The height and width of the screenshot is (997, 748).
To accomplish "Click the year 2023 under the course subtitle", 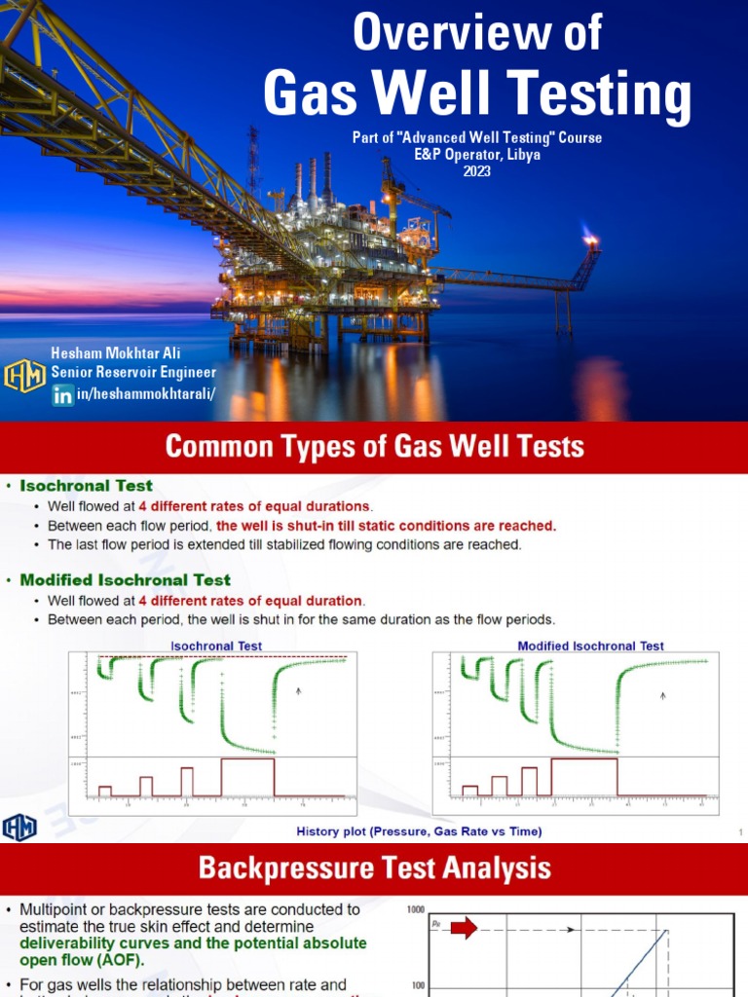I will click(x=477, y=171).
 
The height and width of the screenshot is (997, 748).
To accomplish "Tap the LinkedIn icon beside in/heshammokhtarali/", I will click(x=63, y=394).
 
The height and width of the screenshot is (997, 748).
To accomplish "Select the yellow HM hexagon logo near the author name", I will click(x=24, y=376).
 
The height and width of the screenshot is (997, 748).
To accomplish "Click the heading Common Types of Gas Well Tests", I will click(x=374, y=447).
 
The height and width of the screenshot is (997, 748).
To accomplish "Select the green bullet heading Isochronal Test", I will click(x=87, y=485).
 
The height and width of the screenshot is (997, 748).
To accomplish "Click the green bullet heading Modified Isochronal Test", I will click(x=126, y=579).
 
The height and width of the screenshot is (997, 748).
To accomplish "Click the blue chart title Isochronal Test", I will click(x=216, y=646).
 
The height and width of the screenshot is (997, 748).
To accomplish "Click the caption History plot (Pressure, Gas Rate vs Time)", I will click(x=419, y=831).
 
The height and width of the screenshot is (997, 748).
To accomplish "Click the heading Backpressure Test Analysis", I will click(x=374, y=868).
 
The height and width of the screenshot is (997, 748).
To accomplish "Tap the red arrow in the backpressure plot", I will click(x=464, y=928).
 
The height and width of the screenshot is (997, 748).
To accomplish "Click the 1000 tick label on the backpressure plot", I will click(x=417, y=908).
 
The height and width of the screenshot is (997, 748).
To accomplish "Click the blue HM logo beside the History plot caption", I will click(x=20, y=827).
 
